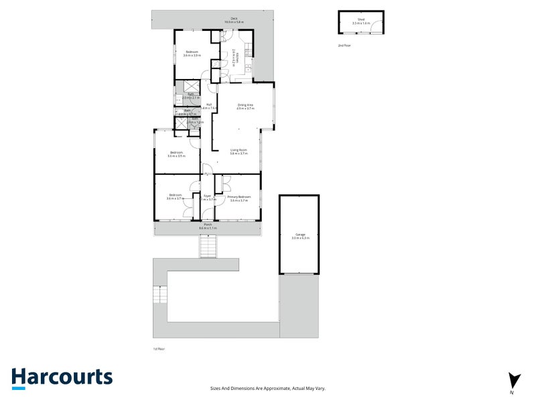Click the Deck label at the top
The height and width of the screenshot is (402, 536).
pos(234,19)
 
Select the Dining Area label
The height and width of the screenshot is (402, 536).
pos(245,105)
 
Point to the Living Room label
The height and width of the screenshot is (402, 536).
pos(239,149)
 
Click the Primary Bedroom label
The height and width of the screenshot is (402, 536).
pos(239,196)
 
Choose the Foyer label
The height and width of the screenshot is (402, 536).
pos(208,196)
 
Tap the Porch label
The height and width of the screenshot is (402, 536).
pos(208,225)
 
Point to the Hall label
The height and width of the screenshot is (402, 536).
pos(209,105)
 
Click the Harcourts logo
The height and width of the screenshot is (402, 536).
pos(61,377)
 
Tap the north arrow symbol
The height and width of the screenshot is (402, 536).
pos(513,380)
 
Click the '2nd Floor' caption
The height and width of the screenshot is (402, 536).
pos(344,46)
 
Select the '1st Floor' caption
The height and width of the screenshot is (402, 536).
pos(159,349)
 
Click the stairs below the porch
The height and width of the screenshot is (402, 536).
pos(208,248)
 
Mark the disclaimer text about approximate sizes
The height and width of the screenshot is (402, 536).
pos(267,388)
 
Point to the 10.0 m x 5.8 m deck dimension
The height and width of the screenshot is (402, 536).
pos(234,23)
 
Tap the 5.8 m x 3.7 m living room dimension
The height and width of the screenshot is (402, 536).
pos(239,153)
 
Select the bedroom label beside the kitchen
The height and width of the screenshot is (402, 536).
pos(191,52)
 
